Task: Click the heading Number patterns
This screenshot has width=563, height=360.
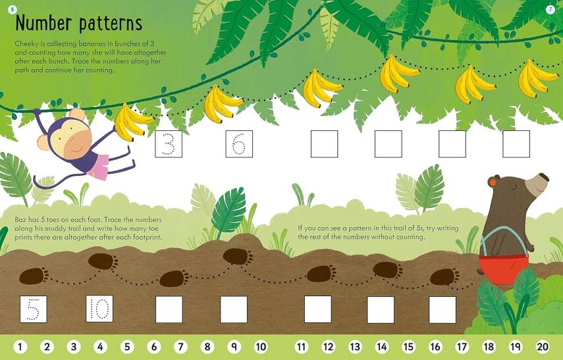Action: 78,23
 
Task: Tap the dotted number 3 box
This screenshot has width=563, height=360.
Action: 168,144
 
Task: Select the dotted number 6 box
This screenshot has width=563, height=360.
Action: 239,144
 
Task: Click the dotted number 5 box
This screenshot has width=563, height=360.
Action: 33,309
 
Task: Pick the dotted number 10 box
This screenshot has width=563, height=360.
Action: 99,309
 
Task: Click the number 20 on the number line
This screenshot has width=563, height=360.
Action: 543,347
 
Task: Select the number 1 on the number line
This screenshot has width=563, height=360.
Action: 20,347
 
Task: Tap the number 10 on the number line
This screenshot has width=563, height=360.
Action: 261,347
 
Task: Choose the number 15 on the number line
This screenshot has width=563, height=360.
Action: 408,347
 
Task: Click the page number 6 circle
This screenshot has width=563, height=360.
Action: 12,9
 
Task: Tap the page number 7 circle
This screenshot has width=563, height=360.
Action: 550,9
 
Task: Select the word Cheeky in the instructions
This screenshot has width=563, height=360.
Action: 26,43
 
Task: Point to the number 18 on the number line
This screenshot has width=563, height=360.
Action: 489,347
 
